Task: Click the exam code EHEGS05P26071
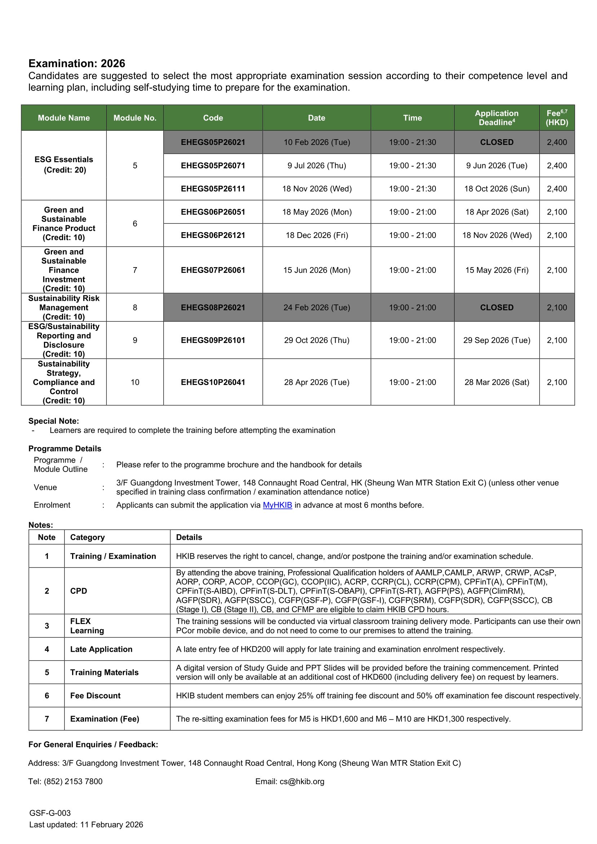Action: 213,165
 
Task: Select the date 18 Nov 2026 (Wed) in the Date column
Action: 317,189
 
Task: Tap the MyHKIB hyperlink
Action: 277,505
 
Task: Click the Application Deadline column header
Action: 496,118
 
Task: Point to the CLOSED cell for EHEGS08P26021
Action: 496,307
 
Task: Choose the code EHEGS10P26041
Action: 213,382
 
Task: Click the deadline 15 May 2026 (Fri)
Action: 496,270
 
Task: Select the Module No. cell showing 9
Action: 135,340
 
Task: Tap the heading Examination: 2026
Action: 77,63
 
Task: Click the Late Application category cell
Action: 101,649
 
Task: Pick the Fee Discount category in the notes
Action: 95,695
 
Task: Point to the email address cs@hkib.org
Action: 302,782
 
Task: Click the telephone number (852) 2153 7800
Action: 73,782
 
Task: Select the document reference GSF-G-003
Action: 50,813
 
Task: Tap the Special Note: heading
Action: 54,421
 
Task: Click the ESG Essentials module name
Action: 63,160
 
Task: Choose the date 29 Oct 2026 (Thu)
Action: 317,340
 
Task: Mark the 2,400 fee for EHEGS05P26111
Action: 557,189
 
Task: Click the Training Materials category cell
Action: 105,672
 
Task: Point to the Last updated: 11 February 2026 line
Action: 86,825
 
